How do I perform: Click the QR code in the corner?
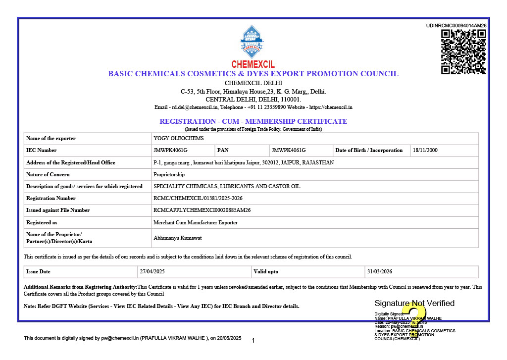463,51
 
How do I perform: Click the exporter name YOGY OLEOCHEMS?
179,138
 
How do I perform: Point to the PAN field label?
223,150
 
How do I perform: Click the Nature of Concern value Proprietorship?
169,174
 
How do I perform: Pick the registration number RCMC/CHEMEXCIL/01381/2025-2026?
198,198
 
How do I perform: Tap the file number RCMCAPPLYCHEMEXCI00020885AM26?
202,210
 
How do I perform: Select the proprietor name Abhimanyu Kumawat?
178,238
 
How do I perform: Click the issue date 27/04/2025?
152,271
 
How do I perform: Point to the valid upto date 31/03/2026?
379,271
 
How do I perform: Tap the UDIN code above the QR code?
456,25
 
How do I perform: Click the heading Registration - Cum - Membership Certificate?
253,121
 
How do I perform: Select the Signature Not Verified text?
414,303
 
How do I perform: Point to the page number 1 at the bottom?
253,341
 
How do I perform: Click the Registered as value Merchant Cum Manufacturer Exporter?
196,222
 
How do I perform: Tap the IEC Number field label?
42,150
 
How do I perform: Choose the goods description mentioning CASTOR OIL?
227,186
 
